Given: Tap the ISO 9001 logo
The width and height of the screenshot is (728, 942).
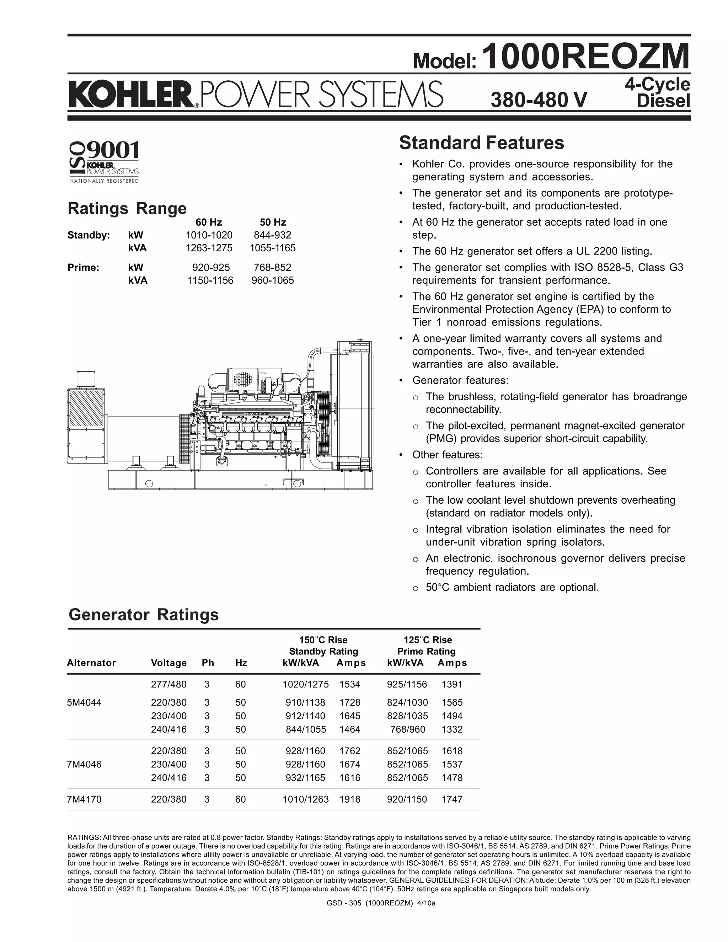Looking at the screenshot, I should point(104,161).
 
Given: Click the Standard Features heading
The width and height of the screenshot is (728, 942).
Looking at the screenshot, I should point(481,143).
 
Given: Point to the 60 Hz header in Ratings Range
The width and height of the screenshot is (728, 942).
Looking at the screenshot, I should point(209,222).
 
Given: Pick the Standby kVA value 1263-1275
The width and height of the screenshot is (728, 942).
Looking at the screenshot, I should point(209,248).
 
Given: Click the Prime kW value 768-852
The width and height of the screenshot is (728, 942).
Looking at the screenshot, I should point(273,267).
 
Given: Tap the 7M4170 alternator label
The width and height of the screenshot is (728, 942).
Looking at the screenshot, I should point(84,799).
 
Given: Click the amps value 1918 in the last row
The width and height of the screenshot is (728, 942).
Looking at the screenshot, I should point(350,799).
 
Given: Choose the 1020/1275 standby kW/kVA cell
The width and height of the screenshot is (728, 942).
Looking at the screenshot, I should point(305,684).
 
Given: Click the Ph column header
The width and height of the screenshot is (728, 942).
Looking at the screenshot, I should point(208,663).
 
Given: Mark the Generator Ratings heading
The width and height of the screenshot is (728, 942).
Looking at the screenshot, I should point(144,614).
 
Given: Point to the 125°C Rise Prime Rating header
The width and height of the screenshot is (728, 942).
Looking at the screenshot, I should point(427,645).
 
